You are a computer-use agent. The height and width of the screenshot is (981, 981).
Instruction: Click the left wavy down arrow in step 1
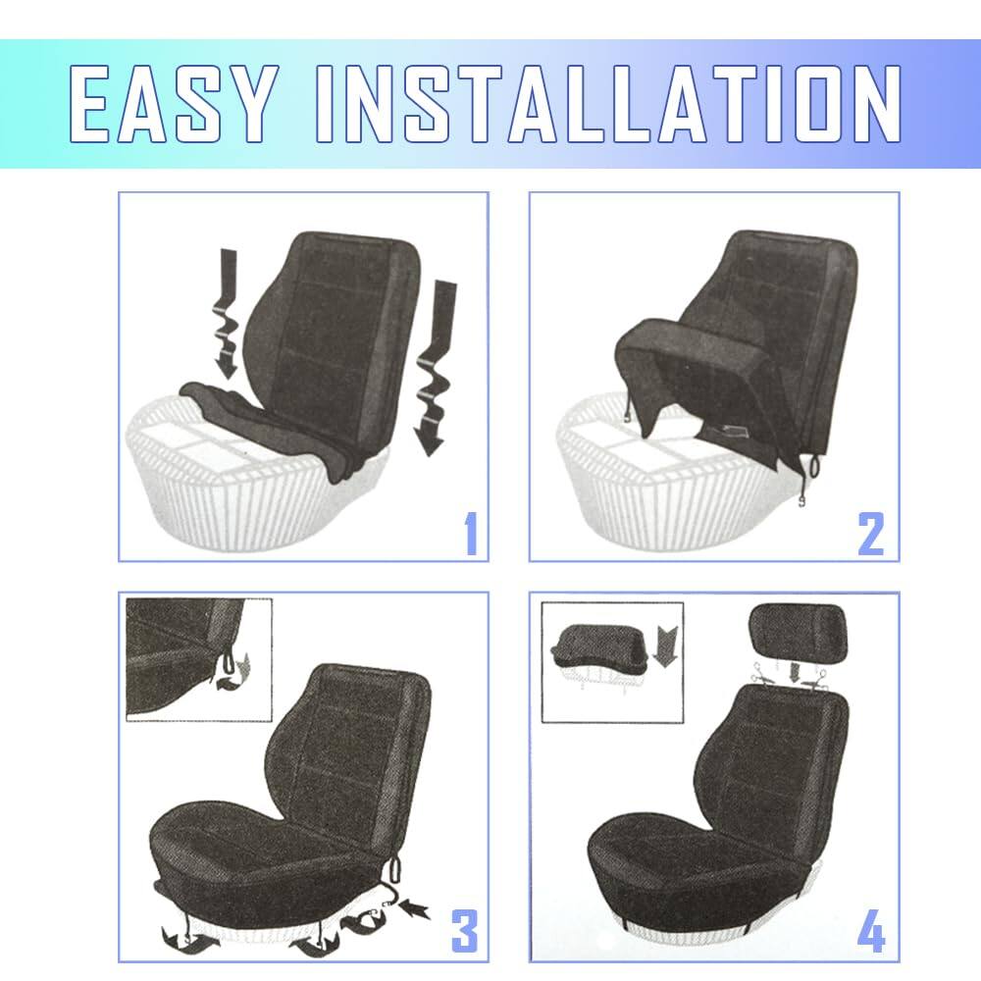pyautogui.click(x=225, y=314)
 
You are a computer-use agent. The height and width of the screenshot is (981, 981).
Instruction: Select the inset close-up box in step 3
pyautogui.click(x=197, y=657)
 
